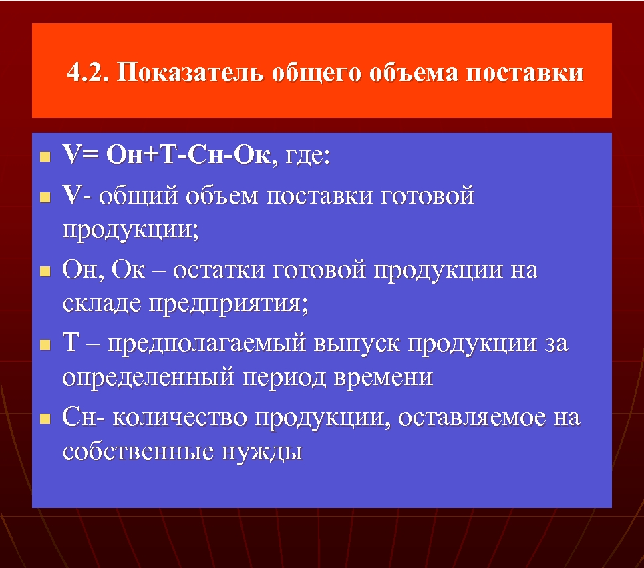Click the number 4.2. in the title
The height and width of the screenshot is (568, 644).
[x=88, y=72]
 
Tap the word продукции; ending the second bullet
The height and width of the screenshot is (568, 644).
[x=131, y=230]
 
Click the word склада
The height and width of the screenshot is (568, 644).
[x=102, y=304]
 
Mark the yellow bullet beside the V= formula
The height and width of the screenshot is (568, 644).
[x=45, y=158]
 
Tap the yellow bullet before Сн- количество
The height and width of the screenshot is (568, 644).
[x=45, y=420]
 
